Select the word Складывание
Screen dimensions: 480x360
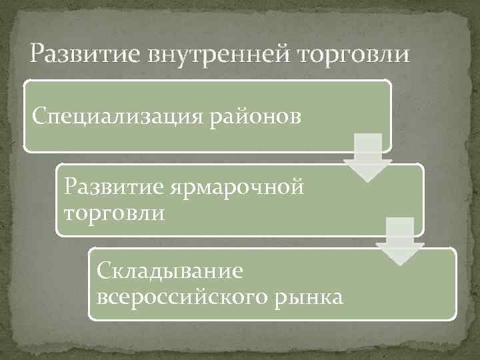pyautogui.click(x=169, y=271)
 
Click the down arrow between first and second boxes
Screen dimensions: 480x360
pyautogui.click(x=367, y=157)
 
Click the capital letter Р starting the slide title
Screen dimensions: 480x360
pyautogui.click(x=37, y=52)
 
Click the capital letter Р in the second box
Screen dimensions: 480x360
pyautogui.click(x=71, y=186)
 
